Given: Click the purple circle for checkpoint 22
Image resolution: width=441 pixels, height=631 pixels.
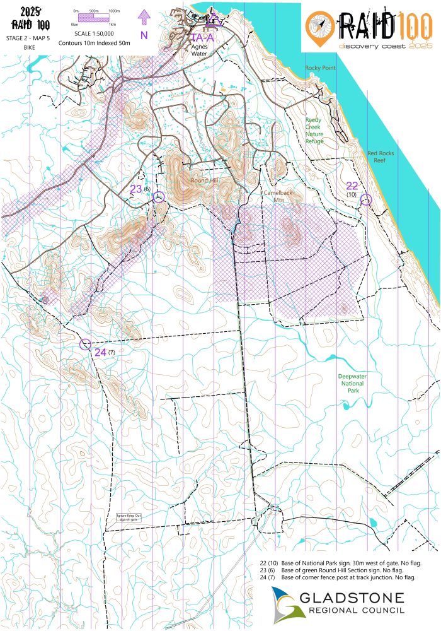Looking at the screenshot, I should click(366, 199).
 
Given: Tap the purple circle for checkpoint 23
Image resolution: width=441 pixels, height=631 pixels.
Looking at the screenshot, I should click(159, 198).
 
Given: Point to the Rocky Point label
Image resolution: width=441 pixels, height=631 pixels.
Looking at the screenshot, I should click(320, 68).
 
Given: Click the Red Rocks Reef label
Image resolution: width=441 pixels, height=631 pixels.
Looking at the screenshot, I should click(381, 156).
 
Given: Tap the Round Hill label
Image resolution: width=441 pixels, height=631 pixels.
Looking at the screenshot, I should click(205, 180).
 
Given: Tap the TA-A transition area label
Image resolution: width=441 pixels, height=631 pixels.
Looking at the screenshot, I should click(202, 37).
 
